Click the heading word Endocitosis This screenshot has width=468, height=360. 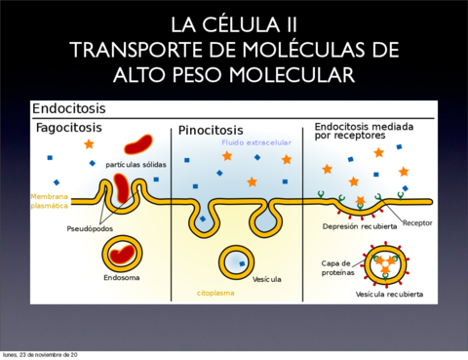point(68,109)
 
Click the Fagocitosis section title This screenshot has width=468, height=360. point(68,127)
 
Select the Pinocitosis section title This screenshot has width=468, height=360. point(211,130)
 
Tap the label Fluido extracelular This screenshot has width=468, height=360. point(255,143)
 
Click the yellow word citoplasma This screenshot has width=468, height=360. point(216,292)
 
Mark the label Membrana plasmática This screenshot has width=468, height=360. point(49,201)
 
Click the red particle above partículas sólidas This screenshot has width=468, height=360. point(137,144)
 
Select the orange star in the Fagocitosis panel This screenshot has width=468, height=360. point(89,144)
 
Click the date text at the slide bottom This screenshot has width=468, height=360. point(40,354)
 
